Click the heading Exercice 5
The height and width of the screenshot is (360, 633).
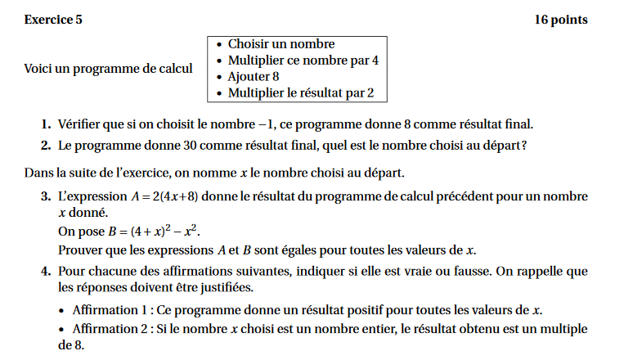tap(53, 20)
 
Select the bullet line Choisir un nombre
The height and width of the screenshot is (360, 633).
tap(281, 44)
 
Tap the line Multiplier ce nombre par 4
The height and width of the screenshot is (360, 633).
tap(303, 61)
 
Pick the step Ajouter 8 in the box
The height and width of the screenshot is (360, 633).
tap(254, 77)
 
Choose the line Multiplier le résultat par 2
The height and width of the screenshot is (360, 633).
tap(300, 93)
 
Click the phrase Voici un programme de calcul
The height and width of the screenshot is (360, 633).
tap(109, 69)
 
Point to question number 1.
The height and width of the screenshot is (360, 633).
tap(47, 125)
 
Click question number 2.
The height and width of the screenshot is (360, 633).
tap(47, 146)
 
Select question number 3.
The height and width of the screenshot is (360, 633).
tap(47, 196)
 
